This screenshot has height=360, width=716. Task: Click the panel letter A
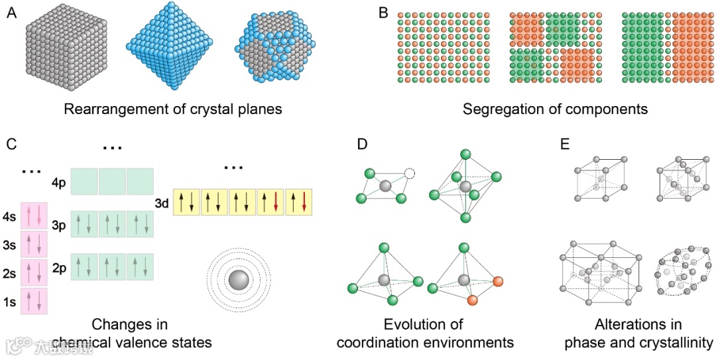pos(11,13)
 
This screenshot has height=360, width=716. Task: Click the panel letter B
pos(383,13)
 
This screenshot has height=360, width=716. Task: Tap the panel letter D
pos(361,143)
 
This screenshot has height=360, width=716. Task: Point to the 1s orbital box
pos(34,301)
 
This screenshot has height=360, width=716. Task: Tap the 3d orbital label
pos(162,202)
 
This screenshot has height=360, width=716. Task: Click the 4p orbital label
pos(59,181)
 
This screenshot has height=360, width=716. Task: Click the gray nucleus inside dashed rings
pos(237,280)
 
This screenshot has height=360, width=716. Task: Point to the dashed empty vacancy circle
pos(410,174)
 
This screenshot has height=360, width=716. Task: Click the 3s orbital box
pos(34,244)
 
